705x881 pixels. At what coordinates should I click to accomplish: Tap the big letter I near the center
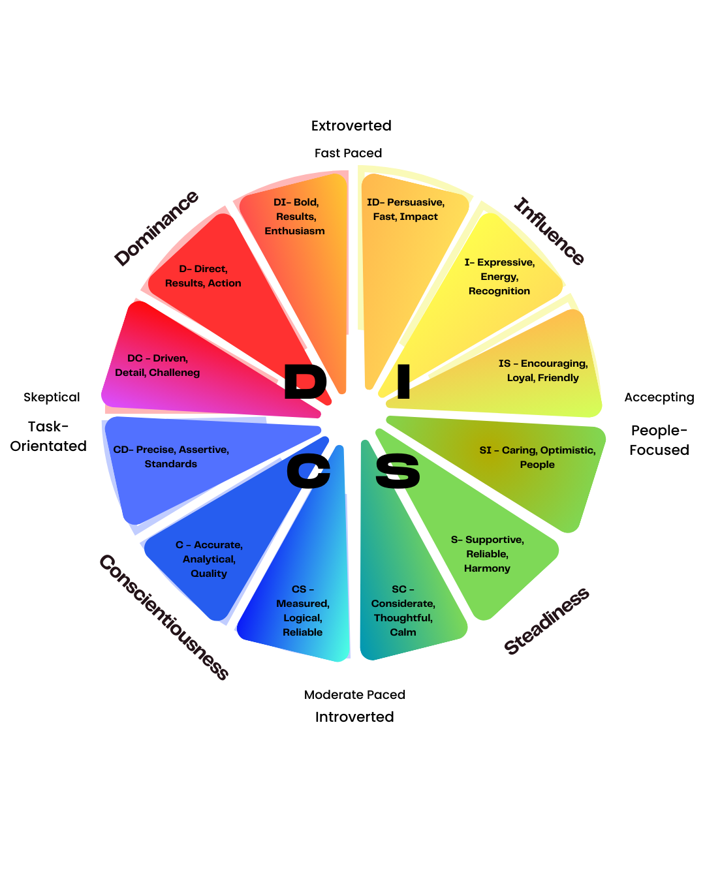point(404,382)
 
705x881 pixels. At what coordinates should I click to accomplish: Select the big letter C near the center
point(308,471)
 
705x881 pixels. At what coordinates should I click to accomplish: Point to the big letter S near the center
point(398,471)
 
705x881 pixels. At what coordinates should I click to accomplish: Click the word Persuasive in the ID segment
point(415,202)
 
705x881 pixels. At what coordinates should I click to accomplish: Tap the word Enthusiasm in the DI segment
point(294,231)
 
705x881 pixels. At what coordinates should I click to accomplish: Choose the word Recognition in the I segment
point(499,291)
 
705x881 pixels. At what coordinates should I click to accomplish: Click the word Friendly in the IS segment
point(558,378)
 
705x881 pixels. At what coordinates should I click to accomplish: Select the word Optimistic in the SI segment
point(567,450)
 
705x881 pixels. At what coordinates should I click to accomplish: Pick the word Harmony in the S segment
point(487,568)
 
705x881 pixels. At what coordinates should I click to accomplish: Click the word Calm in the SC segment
point(403,632)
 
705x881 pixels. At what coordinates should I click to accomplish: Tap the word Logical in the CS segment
point(302,618)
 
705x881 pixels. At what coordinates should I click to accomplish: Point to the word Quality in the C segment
point(209,574)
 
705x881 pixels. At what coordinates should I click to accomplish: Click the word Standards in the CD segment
point(170,464)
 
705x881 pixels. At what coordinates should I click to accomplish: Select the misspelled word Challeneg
point(174,373)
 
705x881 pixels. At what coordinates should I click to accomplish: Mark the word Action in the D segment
point(225,283)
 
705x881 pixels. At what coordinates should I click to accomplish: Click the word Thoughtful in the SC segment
point(403,618)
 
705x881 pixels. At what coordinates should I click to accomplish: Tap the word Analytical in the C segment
point(209,559)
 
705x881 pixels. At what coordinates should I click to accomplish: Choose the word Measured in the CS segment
point(302,604)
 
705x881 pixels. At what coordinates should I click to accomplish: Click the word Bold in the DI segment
point(305,202)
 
